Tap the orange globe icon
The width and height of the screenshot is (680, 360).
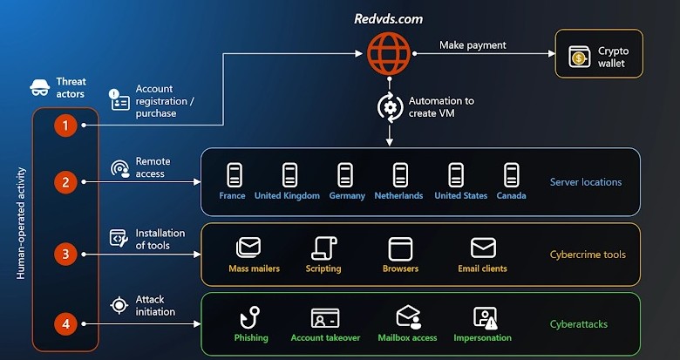point(387,52)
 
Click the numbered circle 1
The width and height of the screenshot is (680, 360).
point(65,126)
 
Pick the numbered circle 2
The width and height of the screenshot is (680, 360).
point(65,182)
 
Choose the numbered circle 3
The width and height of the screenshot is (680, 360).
point(65,255)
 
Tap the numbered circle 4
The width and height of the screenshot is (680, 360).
point(65,324)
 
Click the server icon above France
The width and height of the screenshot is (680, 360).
point(233,174)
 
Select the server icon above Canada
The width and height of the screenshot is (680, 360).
point(512,174)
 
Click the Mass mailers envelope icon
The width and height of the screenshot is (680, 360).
point(248,248)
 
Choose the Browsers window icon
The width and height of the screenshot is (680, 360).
point(400,248)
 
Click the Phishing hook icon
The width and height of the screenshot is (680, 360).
point(250,316)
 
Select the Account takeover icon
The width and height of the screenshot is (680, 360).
point(325,317)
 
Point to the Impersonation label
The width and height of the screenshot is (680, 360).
point(482,337)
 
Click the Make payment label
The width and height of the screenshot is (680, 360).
point(473,45)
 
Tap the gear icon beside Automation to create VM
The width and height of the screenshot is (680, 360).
point(387,106)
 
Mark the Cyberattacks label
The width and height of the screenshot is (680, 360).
point(579,324)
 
